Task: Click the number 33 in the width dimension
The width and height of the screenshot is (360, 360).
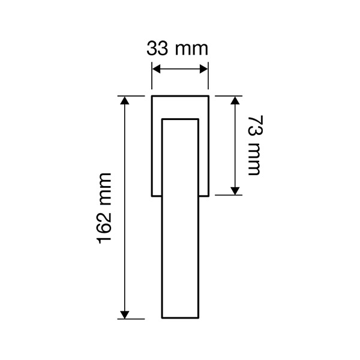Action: (157, 49)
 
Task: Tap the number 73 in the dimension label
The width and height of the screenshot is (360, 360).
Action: (256, 126)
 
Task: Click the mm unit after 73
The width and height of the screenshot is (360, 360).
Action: (254, 159)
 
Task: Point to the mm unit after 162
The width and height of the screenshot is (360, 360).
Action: (106, 189)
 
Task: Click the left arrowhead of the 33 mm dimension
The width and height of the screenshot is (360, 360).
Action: (156, 69)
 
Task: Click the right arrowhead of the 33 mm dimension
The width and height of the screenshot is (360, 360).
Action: (204, 69)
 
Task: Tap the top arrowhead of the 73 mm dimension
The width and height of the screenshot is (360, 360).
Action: (235, 100)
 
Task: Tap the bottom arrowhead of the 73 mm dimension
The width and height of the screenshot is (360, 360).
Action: (235, 191)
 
